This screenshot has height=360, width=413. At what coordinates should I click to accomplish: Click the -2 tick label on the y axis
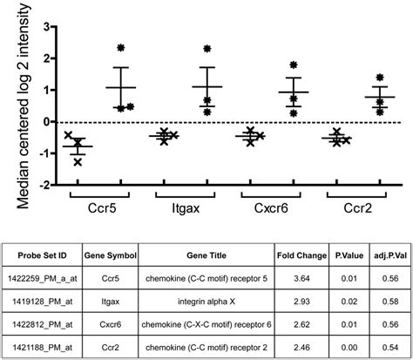point(42,185)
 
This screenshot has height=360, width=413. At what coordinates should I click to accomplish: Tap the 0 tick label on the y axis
point(44,122)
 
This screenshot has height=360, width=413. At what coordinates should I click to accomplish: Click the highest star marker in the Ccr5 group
point(120,48)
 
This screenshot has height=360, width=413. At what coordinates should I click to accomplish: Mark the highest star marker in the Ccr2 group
point(379,77)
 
